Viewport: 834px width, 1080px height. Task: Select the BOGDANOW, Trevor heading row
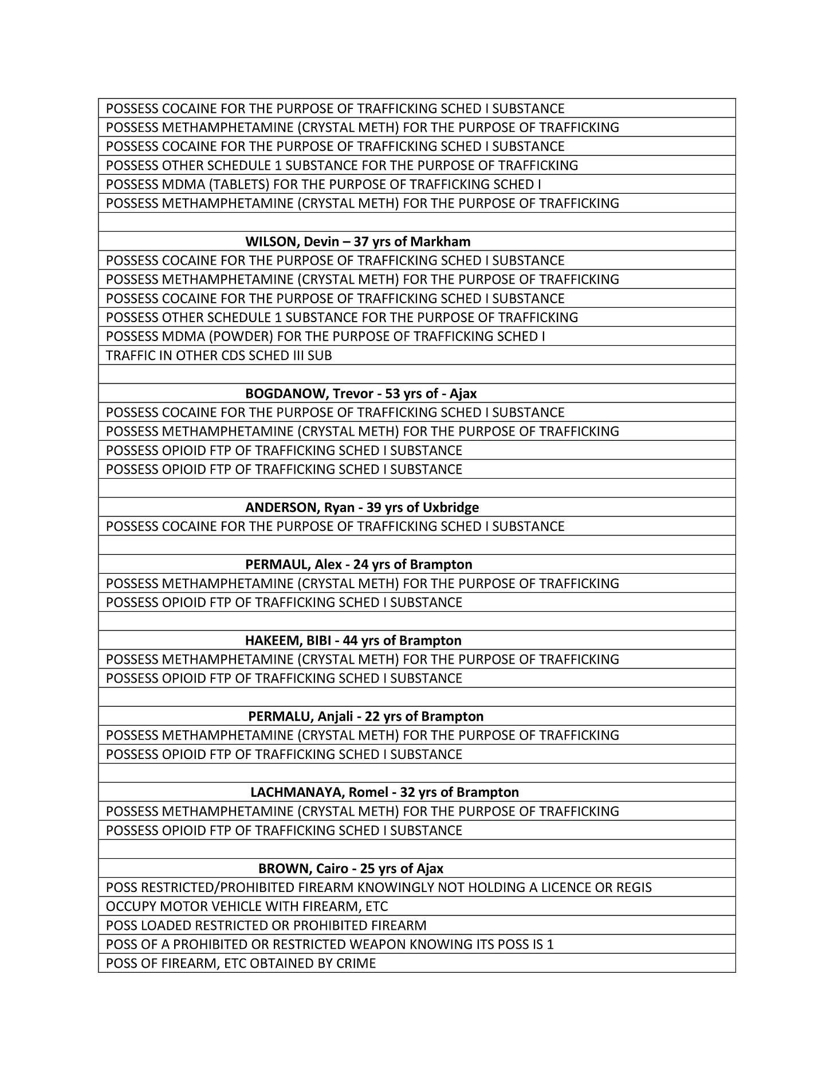tap(361, 394)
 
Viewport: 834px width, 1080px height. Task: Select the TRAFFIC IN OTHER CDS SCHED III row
tap(219, 356)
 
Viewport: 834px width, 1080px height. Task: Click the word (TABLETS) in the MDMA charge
tap(239, 185)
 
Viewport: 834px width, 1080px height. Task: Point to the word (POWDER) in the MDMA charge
tap(241, 336)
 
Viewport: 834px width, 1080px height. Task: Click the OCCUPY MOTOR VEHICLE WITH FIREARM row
tap(247, 907)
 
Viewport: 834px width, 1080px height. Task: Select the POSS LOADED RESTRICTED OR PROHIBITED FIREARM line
tap(266, 926)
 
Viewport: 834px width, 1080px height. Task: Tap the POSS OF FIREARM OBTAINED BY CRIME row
tap(241, 964)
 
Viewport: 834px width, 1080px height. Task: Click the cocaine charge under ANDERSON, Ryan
tap(335, 527)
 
